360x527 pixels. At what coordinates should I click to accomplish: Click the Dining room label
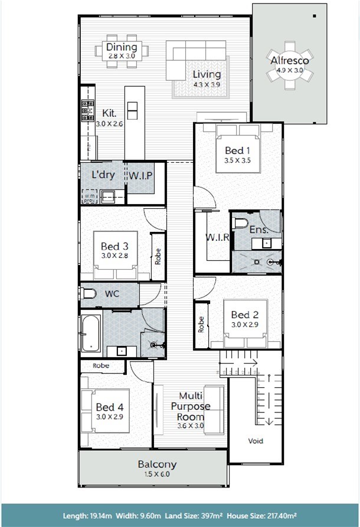click(x=122, y=47)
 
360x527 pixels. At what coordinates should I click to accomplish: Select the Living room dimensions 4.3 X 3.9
click(x=207, y=84)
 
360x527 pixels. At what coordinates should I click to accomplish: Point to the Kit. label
click(x=109, y=113)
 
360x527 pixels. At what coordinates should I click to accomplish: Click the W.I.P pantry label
click(x=140, y=175)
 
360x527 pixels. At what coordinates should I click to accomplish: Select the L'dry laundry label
click(x=103, y=175)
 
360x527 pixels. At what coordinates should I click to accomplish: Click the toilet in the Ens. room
click(x=240, y=223)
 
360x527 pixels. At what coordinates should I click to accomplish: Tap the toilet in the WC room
click(x=89, y=293)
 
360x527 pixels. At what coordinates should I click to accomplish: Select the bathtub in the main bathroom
click(x=90, y=333)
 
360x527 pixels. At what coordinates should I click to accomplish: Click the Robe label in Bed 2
click(x=201, y=325)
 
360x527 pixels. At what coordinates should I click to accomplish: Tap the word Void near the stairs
click(x=256, y=441)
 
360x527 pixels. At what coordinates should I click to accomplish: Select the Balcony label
click(x=157, y=464)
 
